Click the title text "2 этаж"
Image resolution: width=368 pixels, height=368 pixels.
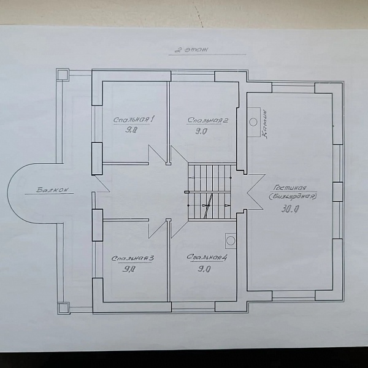click(191, 50)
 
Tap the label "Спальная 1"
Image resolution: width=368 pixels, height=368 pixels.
click(134, 120)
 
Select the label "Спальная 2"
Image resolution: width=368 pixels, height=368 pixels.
click(208, 120)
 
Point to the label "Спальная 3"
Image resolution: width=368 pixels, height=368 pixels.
click(132, 258)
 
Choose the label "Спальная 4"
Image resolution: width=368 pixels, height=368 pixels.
click(207, 258)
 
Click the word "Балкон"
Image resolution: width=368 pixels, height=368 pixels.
click(53, 190)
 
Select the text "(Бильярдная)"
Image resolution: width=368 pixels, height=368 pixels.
click(293, 196)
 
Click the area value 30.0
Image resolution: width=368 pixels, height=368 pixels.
click(290, 209)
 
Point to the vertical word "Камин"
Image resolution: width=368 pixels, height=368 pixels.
click(264, 125)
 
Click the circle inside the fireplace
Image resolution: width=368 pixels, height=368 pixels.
click(253, 122)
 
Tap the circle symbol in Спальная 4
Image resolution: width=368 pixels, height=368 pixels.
click(231, 240)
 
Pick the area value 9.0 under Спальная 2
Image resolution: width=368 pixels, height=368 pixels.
click(201, 131)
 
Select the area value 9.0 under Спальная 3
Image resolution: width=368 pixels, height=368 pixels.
click(129, 269)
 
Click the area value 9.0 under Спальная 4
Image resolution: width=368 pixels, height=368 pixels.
click(204, 269)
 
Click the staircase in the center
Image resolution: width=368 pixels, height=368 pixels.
click(210, 192)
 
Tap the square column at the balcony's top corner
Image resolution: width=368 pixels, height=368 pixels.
click(63, 74)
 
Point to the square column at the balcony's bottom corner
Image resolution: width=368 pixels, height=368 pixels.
click(64, 308)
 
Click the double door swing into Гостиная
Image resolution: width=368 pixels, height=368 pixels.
click(256, 192)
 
